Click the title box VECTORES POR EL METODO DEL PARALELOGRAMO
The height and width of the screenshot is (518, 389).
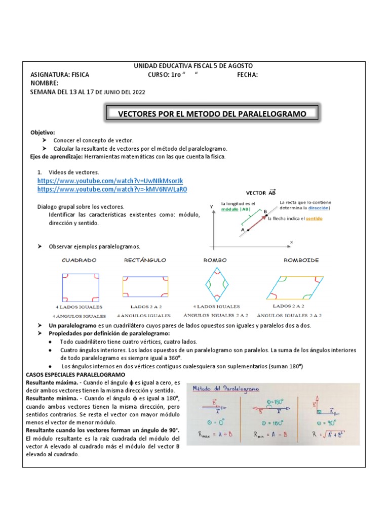coord(212,114)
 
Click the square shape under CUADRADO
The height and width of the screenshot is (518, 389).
coord(80,287)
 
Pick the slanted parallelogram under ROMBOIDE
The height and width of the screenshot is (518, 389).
coord(294,287)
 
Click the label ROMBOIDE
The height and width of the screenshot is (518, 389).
coord(301,260)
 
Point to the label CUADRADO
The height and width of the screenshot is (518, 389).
coord(79,260)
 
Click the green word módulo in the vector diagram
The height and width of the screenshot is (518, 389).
coord(231,209)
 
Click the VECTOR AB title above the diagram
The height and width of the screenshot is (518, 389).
coord(261,193)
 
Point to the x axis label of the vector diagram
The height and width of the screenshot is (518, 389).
coord(292,242)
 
